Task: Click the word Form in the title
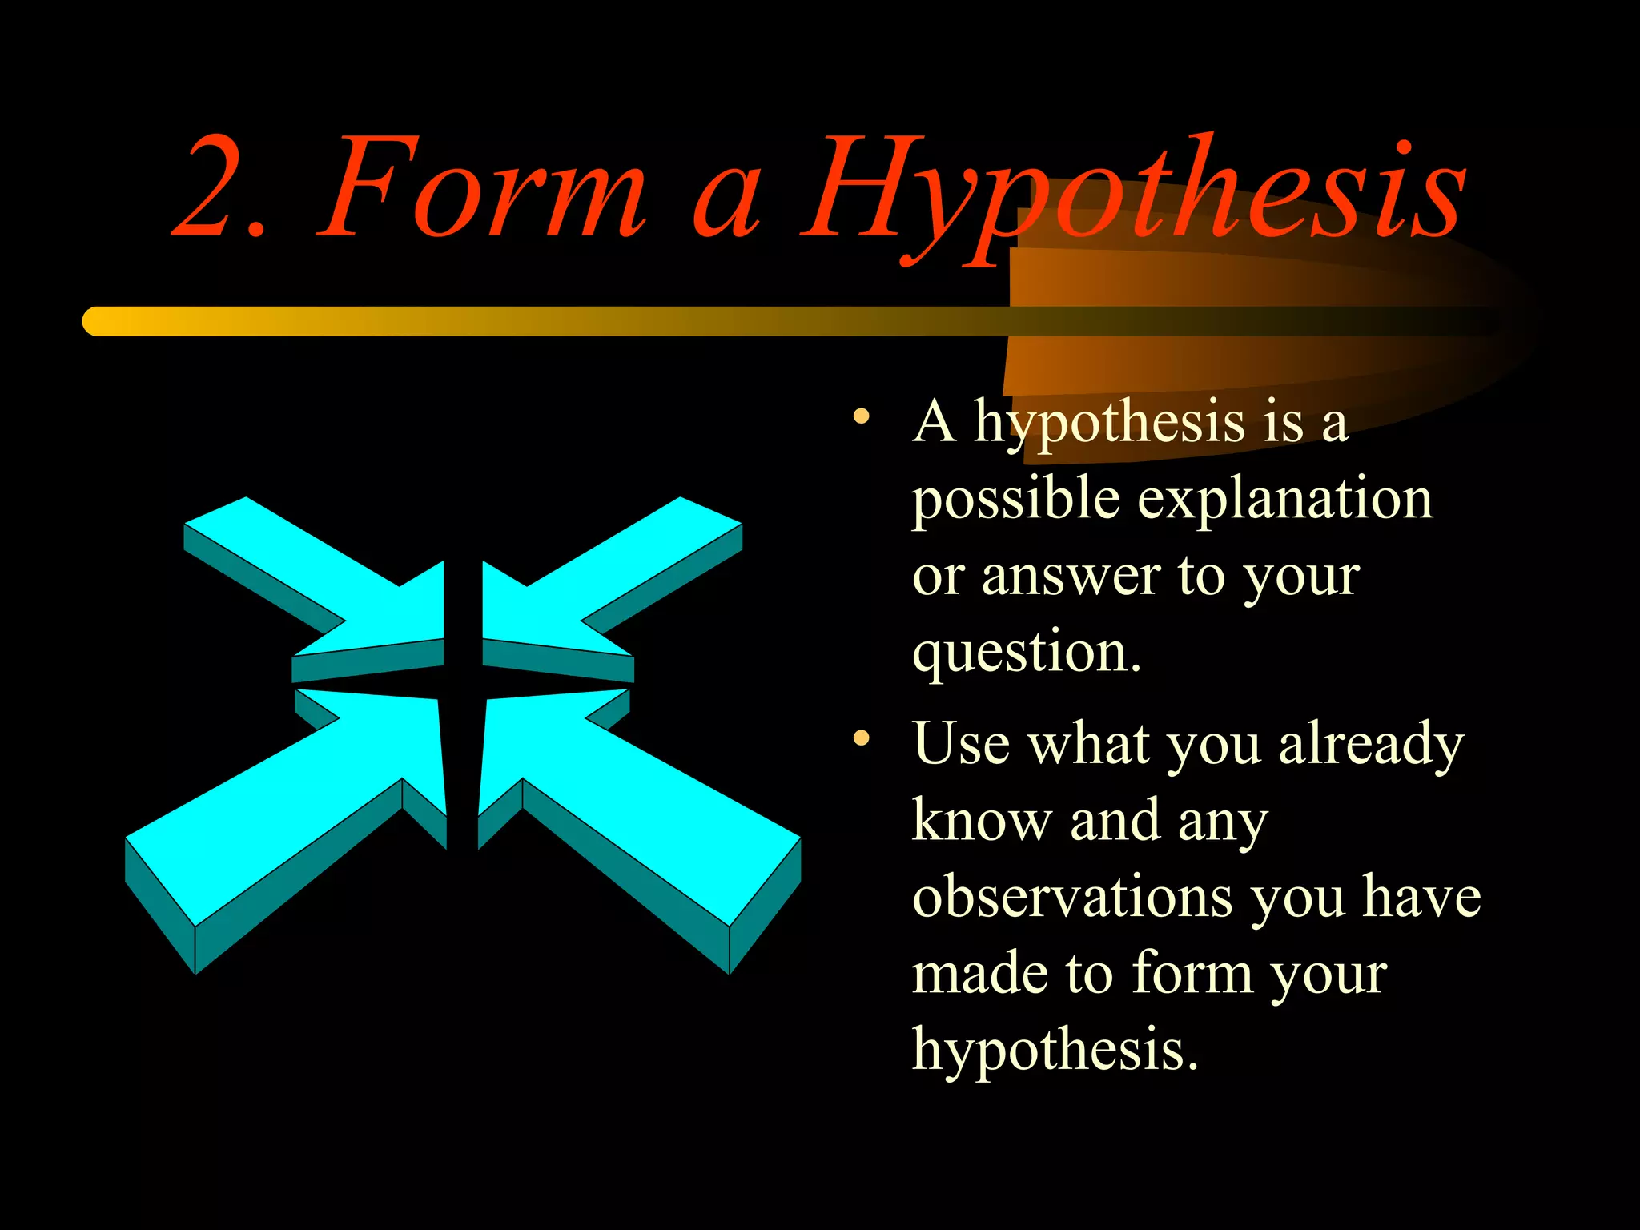coord(480,189)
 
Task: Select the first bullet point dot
coord(861,416)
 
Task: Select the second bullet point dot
coord(861,738)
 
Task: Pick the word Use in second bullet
coord(961,744)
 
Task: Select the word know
coord(981,821)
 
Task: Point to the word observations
coord(1073,897)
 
